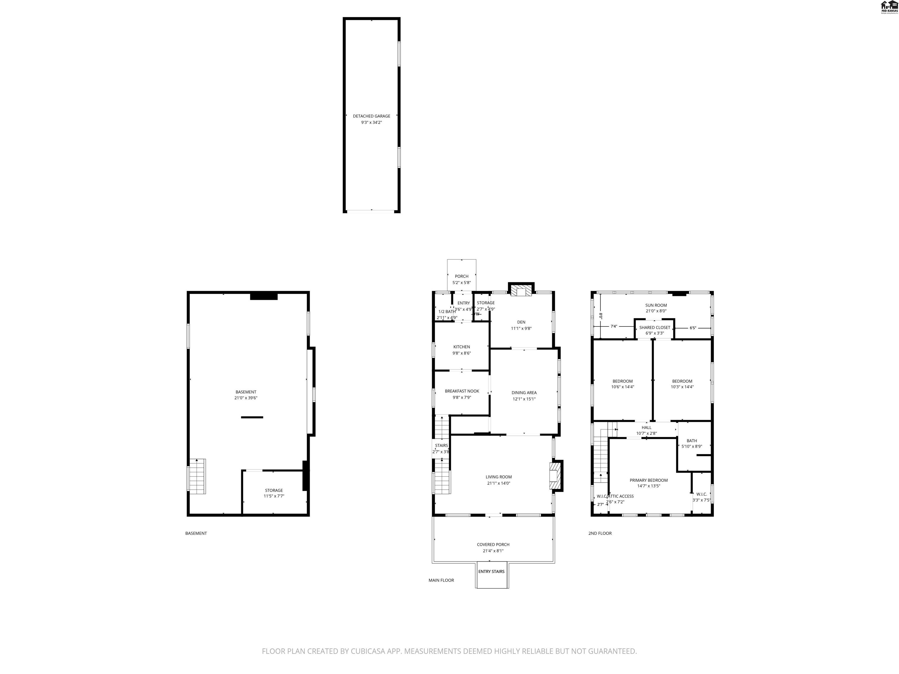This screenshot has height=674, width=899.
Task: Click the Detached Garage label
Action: point(371,116)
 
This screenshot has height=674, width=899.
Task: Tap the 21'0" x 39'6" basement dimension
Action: point(246,398)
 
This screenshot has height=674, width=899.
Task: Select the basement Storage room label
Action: point(274,490)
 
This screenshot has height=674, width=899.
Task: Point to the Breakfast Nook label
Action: point(462,391)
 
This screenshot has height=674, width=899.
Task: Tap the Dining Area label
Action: point(524,393)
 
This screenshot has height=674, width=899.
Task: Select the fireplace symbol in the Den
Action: point(521,290)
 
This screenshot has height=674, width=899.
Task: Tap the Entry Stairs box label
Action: point(491,572)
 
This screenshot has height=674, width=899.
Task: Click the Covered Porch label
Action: point(493,545)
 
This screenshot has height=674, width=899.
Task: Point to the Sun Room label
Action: point(656,305)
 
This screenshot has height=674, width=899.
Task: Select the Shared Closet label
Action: point(654,327)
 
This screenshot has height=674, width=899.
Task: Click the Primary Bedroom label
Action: point(649,480)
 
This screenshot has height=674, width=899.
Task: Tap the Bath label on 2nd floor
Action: point(692,441)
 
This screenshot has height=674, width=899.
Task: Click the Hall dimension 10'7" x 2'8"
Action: point(646,434)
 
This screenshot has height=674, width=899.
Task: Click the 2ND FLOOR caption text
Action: point(600,533)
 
